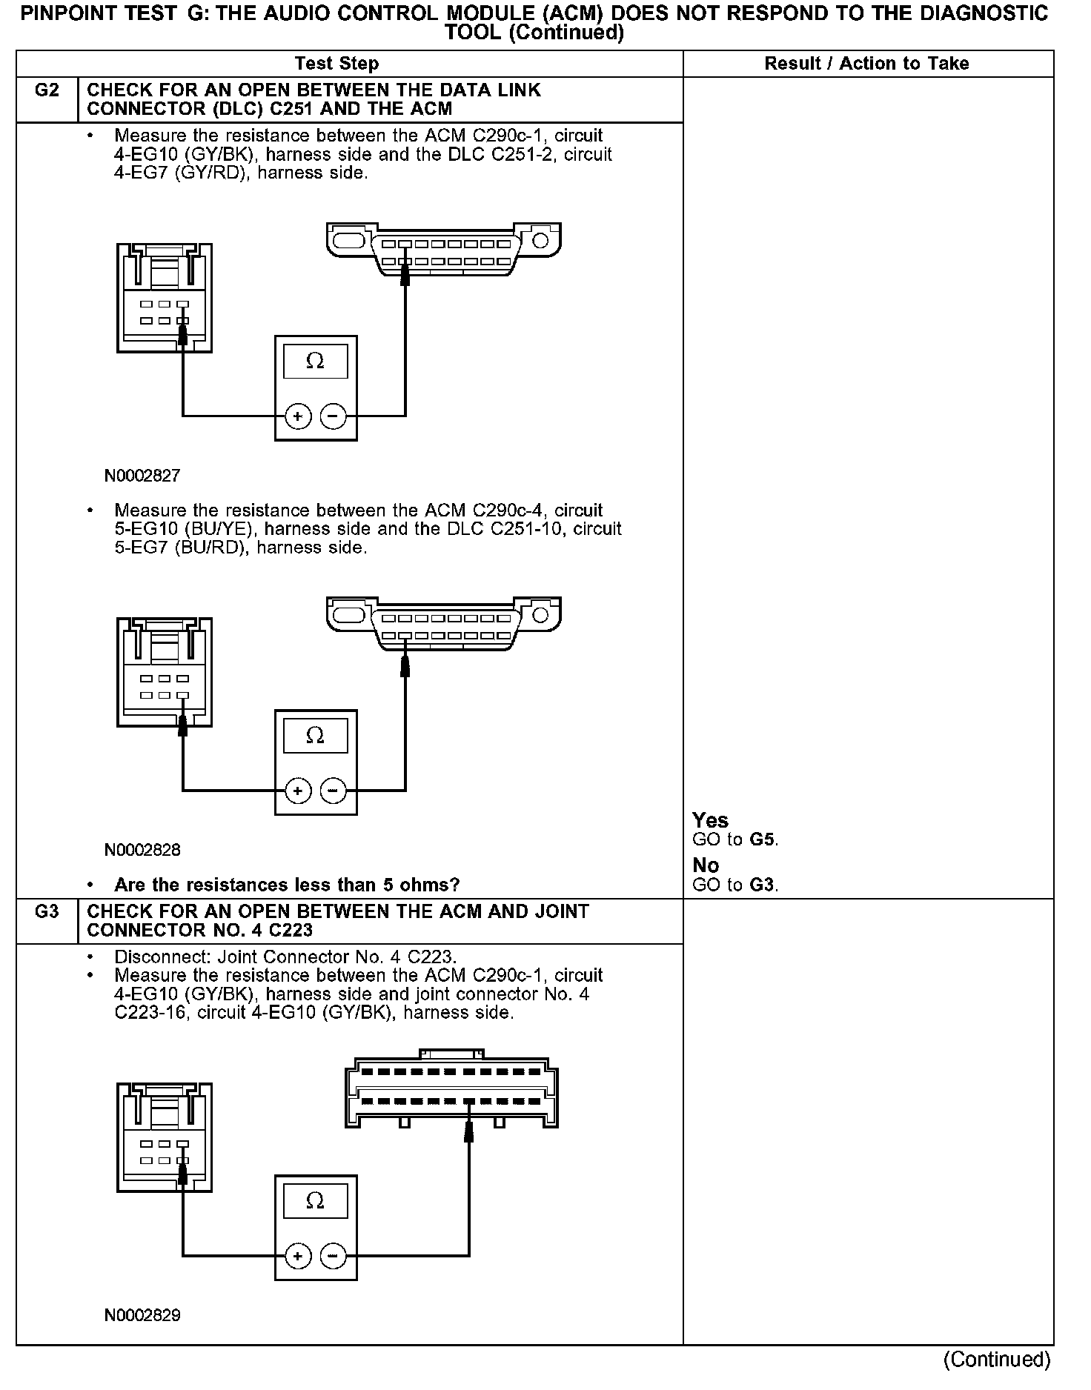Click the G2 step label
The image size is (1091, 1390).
click(x=47, y=90)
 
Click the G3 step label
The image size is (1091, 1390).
click(x=47, y=911)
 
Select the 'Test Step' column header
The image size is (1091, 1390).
click(x=336, y=64)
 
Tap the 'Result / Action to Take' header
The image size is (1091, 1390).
click(x=866, y=64)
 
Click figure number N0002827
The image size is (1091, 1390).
click(x=142, y=476)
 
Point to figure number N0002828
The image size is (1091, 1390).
click(x=142, y=850)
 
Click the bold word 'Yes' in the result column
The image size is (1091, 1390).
click(x=710, y=820)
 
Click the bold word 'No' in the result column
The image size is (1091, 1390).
click(x=706, y=865)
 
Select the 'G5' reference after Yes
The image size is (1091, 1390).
click(x=763, y=839)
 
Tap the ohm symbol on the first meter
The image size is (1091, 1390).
click(x=315, y=361)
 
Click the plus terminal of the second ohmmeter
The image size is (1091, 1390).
click(x=298, y=791)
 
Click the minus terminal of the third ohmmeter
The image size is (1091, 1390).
click(x=333, y=1256)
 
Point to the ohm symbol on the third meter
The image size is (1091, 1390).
click(x=315, y=1200)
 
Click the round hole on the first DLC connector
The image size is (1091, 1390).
click(x=540, y=241)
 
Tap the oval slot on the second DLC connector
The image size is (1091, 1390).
click(x=348, y=616)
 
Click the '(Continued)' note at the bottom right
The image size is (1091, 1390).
click(x=997, y=1359)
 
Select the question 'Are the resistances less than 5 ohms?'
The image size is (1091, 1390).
click(x=287, y=885)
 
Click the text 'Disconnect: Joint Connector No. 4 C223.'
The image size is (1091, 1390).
click(x=285, y=957)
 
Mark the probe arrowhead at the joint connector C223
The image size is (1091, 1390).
click(x=468, y=1131)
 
